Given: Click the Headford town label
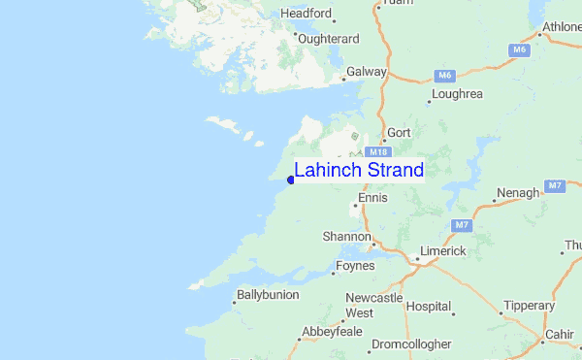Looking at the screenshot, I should pos(306,15).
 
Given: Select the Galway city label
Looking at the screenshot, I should pos(367,72).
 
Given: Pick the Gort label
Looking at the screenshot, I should pos(399,132).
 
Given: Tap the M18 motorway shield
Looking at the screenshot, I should pos(376,151).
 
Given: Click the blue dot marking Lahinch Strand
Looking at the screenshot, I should pos(290,180).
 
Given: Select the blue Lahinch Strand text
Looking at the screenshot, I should pos(359,171).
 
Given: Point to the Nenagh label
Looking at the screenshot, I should pos(517,193).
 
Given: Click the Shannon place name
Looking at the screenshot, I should pos(346,237).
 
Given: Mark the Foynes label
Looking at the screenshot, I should pos(354,266).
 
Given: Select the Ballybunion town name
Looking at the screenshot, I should pos(268,294).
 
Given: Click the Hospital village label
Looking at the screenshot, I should pos(428,306).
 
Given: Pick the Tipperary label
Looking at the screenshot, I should pos(528,306).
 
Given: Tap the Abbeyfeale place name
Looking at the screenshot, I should pos(332,331).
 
